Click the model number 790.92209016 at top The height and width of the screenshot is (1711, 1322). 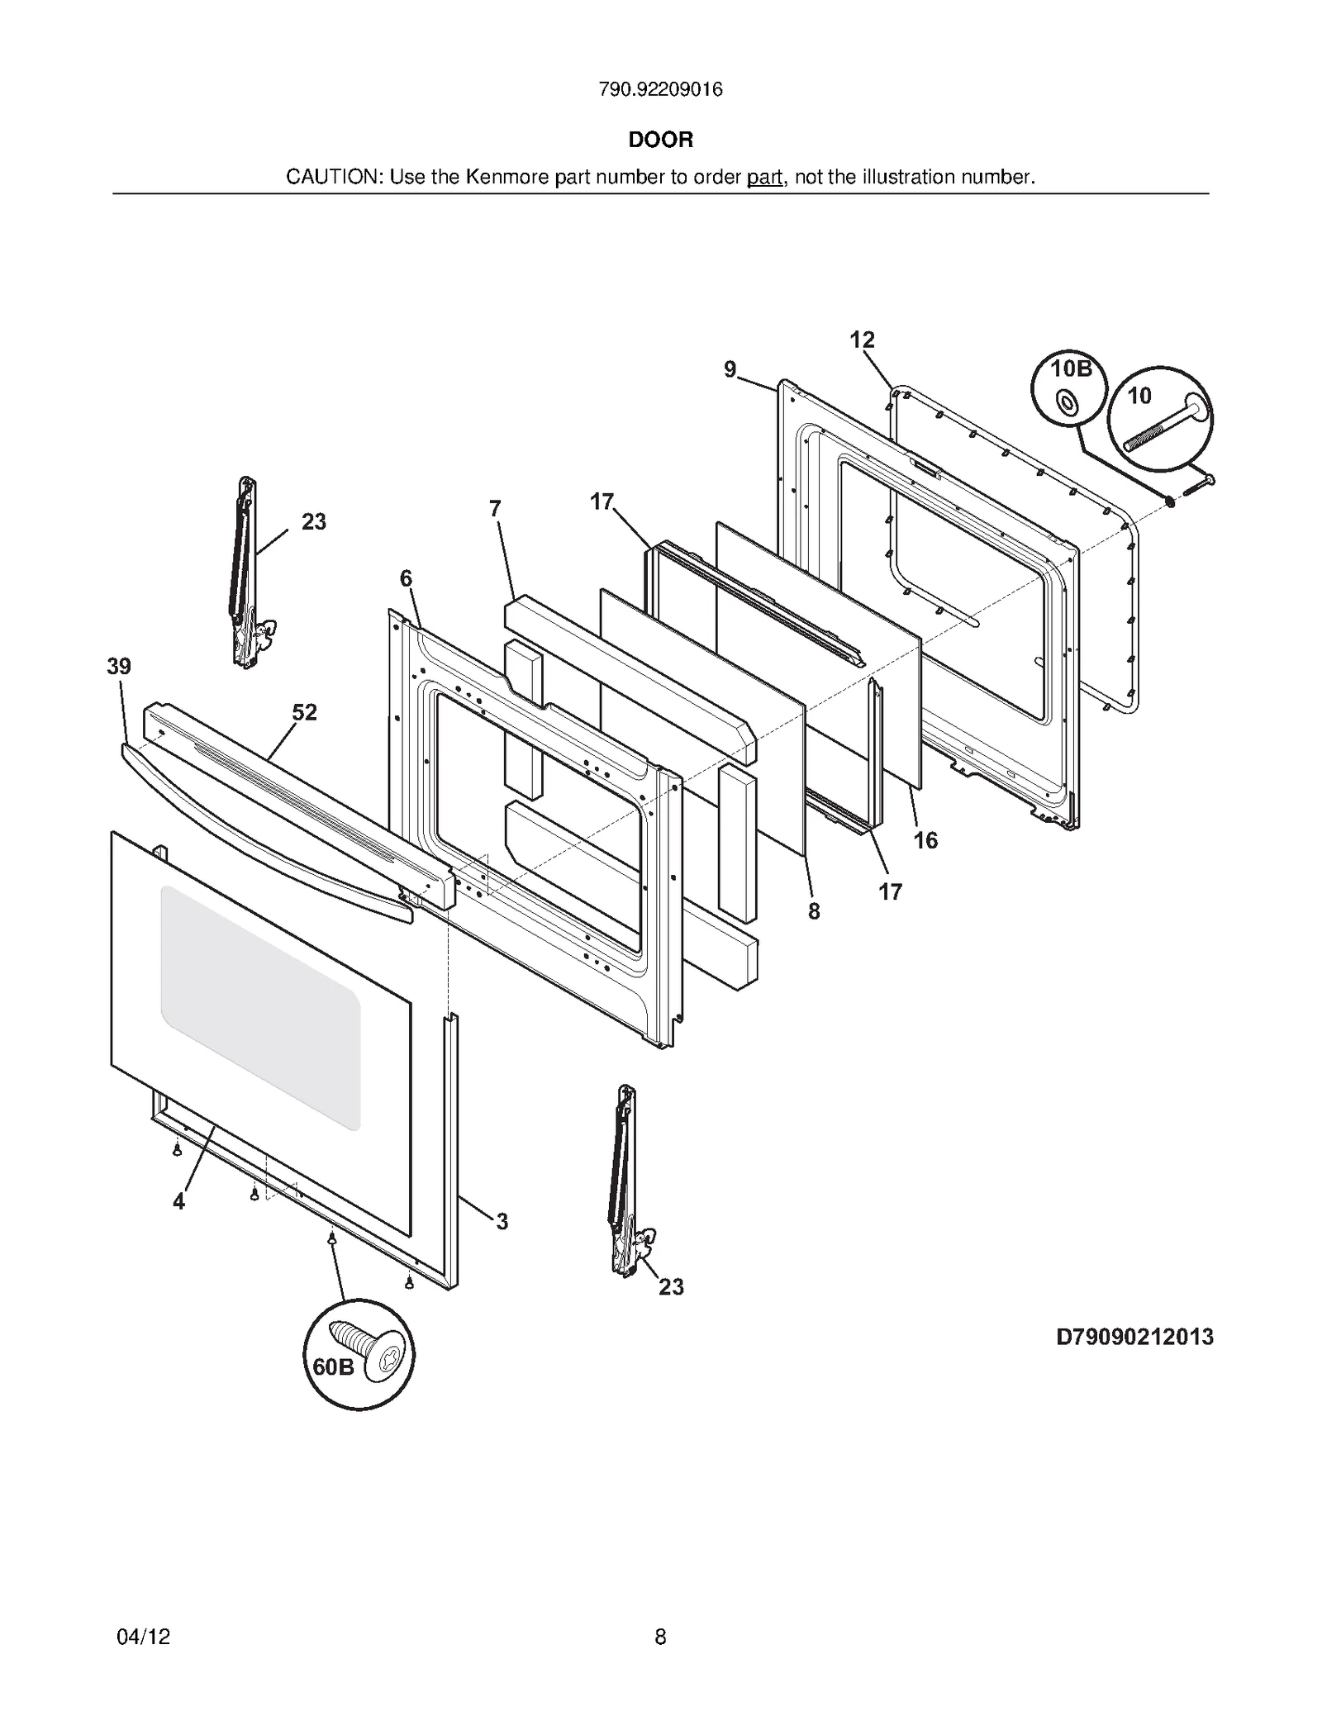point(660,89)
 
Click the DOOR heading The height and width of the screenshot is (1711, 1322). point(660,140)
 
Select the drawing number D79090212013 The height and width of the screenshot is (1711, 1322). point(1134,1336)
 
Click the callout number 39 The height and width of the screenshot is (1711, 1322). point(119,667)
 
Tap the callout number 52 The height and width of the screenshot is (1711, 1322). point(304,712)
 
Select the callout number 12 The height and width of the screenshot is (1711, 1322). point(862,340)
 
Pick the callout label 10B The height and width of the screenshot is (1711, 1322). point(1071,368)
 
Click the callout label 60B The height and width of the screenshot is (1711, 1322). point(333,1367)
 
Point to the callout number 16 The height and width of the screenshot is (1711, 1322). point(925,840)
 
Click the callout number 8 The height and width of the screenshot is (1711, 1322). point(814,911)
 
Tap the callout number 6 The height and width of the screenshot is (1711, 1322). point(406,578)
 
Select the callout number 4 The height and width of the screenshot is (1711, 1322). point(179,1202)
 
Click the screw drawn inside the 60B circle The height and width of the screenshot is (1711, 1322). point(368,1344)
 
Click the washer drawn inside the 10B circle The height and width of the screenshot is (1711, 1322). point(1066,404)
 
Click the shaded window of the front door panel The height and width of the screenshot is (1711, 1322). point(261,1008)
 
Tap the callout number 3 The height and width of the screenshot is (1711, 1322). point(502,1221)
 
